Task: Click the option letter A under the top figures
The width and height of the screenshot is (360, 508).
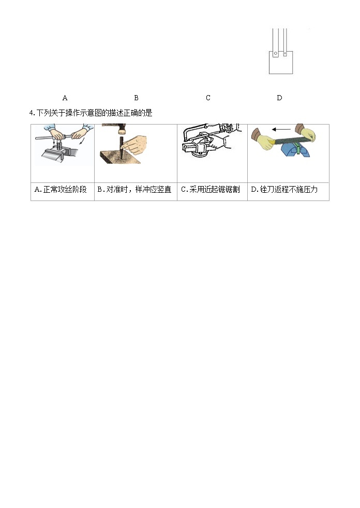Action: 65,98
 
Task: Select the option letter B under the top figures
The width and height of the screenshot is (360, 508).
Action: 136,98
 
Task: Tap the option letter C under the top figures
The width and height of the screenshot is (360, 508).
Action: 208,98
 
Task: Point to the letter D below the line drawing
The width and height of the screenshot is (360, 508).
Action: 279,98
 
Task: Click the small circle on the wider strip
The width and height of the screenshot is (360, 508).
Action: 276,54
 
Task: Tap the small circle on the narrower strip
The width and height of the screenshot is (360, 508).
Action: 285,54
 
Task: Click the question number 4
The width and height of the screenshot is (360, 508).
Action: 32,113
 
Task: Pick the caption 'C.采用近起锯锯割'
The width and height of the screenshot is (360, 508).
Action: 210,190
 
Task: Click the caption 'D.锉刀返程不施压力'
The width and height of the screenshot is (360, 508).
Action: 284,190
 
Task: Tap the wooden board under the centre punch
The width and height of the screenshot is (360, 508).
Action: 119,165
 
